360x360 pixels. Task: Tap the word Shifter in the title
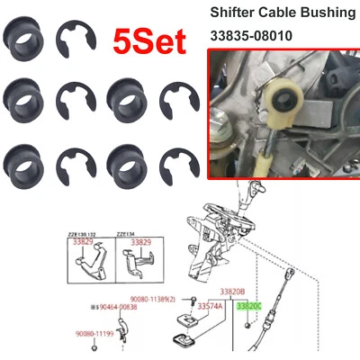click(x=237, y=13)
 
